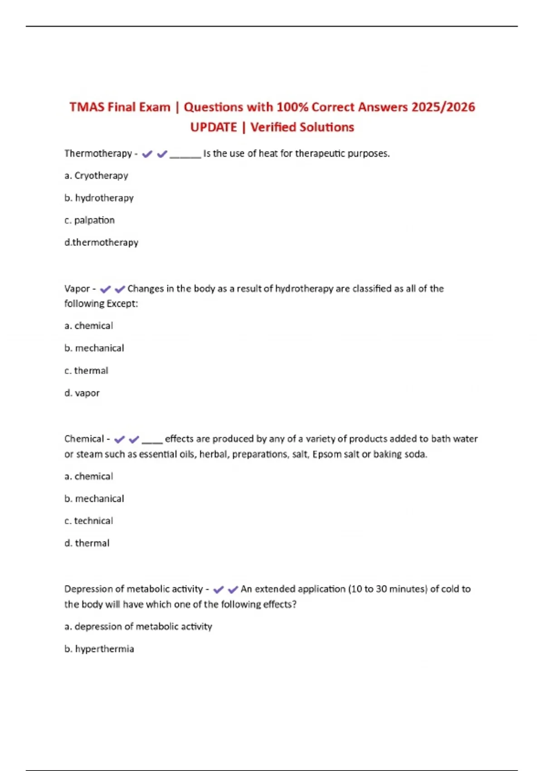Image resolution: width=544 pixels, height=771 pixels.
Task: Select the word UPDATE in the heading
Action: point(214,127)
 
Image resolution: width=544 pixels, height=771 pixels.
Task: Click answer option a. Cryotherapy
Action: point(96,176)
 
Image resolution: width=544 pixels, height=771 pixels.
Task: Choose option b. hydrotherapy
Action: point(99,198)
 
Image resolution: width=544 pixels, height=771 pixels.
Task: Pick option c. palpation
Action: point(89,220)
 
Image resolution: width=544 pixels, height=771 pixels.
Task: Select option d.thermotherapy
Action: point(101,243)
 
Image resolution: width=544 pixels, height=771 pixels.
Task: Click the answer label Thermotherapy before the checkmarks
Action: point(98,154)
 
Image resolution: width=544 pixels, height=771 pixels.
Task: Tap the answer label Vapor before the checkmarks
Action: point(77,289)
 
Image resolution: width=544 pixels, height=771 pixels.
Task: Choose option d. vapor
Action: point(82,393)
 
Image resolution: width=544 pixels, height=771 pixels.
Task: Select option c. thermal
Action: point(86,371)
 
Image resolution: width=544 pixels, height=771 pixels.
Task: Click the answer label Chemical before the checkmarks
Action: point(84,439)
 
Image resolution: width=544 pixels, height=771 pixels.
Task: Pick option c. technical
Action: point(88,521)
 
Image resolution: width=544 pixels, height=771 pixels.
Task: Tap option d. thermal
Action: point(87,543)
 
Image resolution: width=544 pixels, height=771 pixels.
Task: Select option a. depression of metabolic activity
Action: point(138,627)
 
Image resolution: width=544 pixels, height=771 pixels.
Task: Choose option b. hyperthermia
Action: point(99,649)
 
